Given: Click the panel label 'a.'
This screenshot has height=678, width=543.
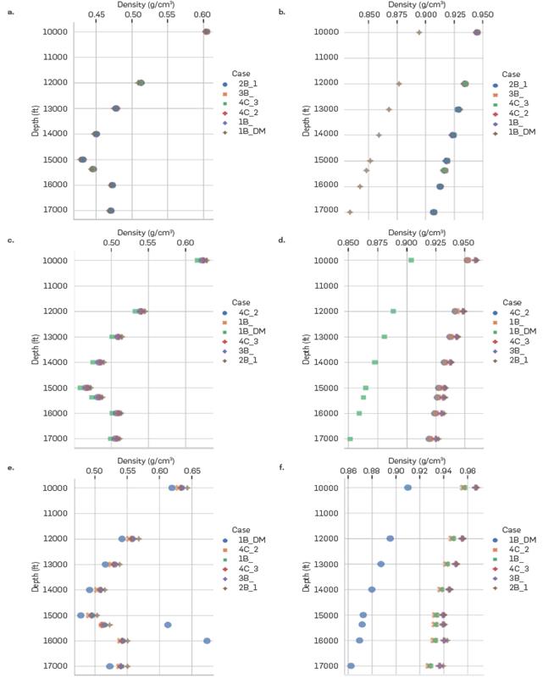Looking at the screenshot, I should tap(11, 10).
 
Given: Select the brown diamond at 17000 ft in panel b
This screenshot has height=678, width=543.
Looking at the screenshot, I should tap(350, 212).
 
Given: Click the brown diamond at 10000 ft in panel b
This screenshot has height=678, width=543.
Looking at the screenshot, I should tap(419, 32).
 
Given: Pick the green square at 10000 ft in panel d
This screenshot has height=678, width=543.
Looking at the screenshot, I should tap(411, 260).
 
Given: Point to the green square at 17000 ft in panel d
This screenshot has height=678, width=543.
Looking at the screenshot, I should tap(350, 438).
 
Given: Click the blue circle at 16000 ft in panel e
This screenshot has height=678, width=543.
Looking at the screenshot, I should tap(207, 641).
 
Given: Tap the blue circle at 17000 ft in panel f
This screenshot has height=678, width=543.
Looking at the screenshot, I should tap(351, 666).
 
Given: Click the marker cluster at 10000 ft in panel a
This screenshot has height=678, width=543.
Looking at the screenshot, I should tap(206, 32).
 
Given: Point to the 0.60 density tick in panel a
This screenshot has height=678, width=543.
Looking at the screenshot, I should tap(203, 16).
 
